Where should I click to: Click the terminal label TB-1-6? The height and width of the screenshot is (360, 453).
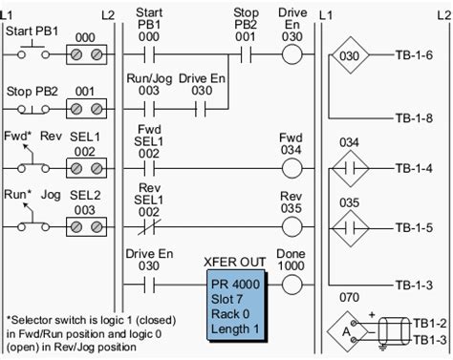point(414,55)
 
